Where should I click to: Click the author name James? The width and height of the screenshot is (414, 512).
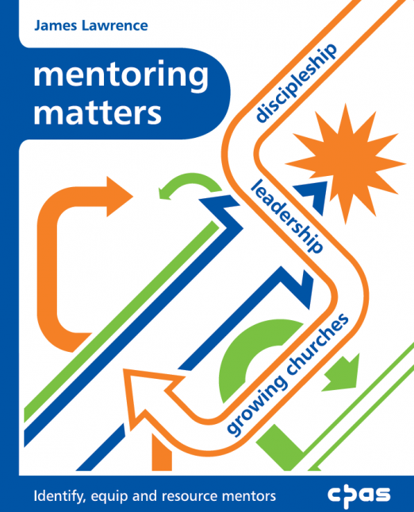point(55,25)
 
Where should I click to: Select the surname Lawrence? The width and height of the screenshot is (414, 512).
point(115,25)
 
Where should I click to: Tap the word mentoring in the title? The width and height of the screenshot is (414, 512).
point(121,76)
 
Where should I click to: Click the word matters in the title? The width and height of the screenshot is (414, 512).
point(98,113)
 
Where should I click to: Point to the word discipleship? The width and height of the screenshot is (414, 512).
point(296,83)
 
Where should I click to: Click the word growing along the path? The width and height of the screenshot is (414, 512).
point(257,406)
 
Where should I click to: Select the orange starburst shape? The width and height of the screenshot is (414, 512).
point(345,163)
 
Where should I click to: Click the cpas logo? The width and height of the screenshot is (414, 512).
point(359,495)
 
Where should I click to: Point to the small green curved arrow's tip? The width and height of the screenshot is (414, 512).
point(160,193)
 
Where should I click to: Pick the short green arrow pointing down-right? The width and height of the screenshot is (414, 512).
point(343,373)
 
